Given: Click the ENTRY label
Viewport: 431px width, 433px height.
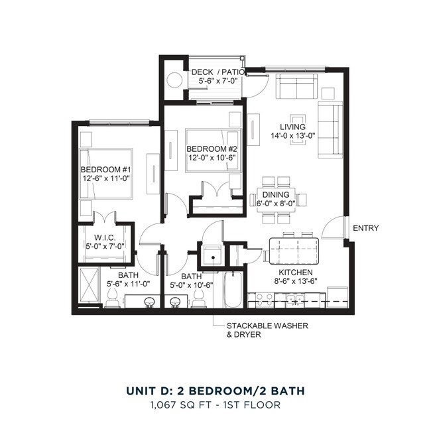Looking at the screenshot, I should click(x=366, y=228).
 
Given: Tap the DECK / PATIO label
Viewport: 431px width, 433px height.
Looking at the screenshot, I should click(x=217, y=72).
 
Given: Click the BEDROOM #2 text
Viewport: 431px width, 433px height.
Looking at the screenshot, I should click(x=212, y=149).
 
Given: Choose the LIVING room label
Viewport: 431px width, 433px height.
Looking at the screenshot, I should click(x=292, y=127).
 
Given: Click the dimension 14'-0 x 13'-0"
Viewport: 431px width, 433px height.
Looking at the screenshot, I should click(x=292, y=136).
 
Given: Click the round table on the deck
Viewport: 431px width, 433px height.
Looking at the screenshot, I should click(x=174, y=80).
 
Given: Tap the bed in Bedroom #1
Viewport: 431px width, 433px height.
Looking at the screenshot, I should click(x=106, y=173).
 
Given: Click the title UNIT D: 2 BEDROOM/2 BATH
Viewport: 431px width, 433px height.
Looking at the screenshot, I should click(x=215, y=391).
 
